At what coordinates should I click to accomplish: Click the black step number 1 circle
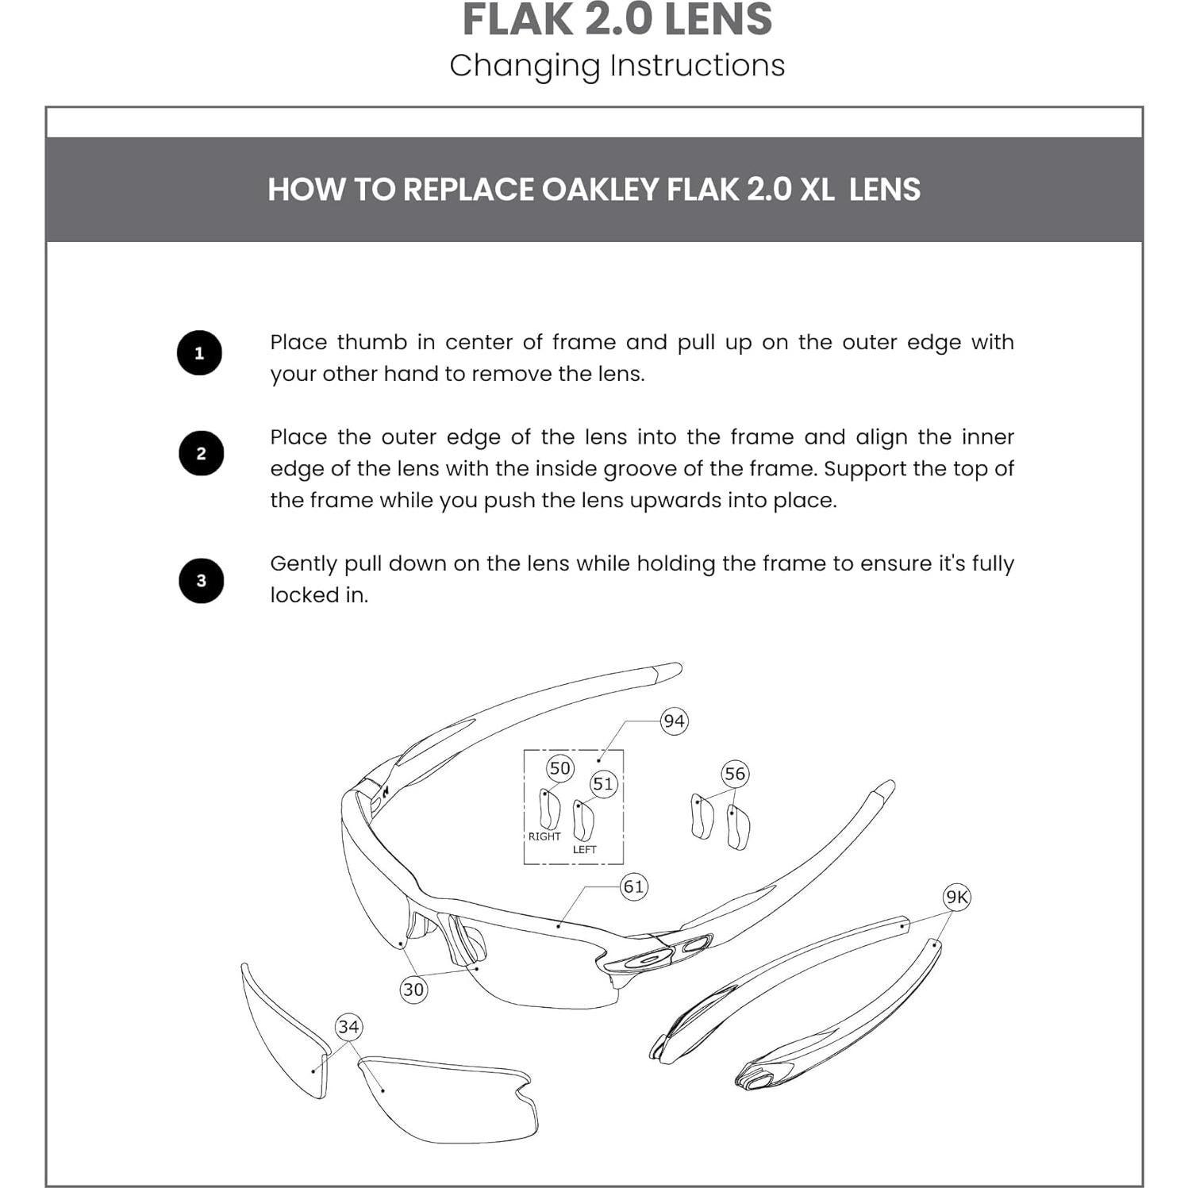coord(199,353)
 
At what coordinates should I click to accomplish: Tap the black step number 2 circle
coord(201,453)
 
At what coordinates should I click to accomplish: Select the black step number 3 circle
coord(201,581)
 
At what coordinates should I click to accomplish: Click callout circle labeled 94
coord(674,721)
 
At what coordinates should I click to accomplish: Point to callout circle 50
coord(559,768)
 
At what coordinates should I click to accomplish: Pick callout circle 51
coord(603,784)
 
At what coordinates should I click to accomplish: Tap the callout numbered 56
coord(735,774)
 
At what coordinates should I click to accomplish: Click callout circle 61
coord(633,886)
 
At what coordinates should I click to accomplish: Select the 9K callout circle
coord(956,898)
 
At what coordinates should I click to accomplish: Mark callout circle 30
coord(413,990)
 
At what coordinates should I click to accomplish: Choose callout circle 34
coord(348,1027)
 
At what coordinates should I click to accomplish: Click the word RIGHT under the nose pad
coord(544,836)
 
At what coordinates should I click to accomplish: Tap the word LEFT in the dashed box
coord(584,850)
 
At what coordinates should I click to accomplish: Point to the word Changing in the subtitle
coord(525,66)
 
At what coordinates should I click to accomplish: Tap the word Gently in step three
coord(303,564)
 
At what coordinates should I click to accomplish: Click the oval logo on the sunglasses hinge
coord(650,958)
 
